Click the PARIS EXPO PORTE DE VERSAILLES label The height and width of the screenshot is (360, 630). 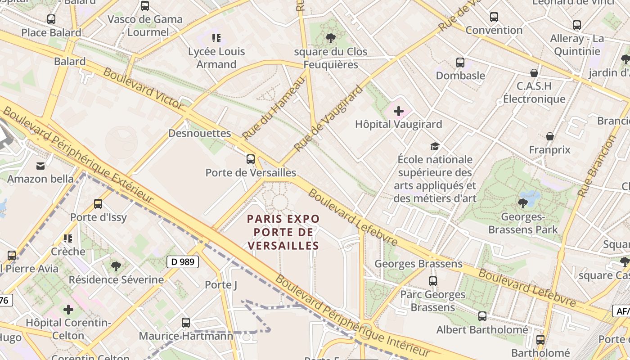click(x=283, y=232)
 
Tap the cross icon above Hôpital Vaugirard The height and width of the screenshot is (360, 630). click(x=399, y=111)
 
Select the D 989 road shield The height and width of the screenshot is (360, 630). click(x=183, y=261)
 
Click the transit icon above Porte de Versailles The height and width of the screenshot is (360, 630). click(x=251, y=159)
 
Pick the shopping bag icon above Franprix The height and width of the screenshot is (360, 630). click(x=549, y=136)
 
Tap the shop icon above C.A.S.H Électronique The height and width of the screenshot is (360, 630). click(x=534, y=73)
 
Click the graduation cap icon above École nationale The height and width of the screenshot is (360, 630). click(x=435, y=146)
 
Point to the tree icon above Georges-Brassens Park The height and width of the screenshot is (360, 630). click(x=522, y=203)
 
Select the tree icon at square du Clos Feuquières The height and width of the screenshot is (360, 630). click(x=331, y=38)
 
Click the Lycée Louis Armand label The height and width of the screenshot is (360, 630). click(x=216, y=58)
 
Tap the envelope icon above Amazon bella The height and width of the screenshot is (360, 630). click(x=40, y=166)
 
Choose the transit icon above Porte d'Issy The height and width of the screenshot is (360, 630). click(x=98, y=204)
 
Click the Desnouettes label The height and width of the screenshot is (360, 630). click(x=199, y=133)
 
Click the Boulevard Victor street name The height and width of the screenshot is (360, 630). click(x=143, y=88)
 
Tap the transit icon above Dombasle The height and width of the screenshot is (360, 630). click(x=460, y=63)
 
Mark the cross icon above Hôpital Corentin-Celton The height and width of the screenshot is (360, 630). click(x=68, y=310)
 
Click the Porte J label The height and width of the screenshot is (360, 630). click(x=220, y=285)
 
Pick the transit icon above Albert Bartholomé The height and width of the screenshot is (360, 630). click(x=482, y=316)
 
